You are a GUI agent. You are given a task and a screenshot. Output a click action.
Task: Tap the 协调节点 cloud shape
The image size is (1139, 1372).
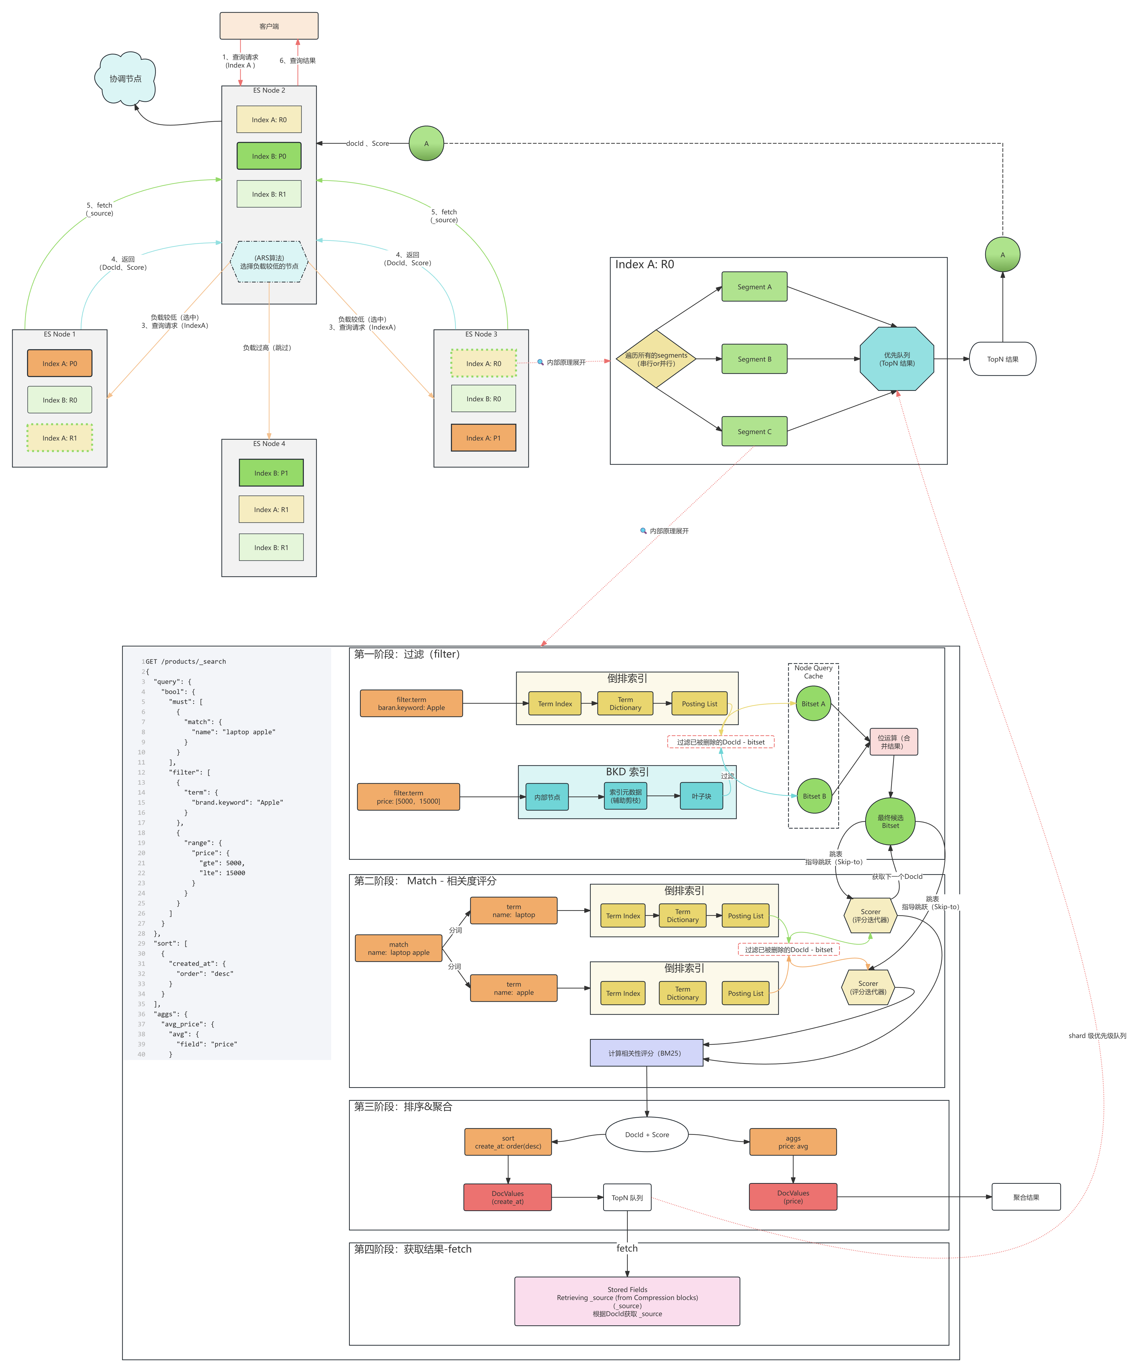tap(125, 78)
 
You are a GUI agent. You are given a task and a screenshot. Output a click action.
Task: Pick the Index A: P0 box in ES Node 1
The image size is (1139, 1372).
tap(59, 363)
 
